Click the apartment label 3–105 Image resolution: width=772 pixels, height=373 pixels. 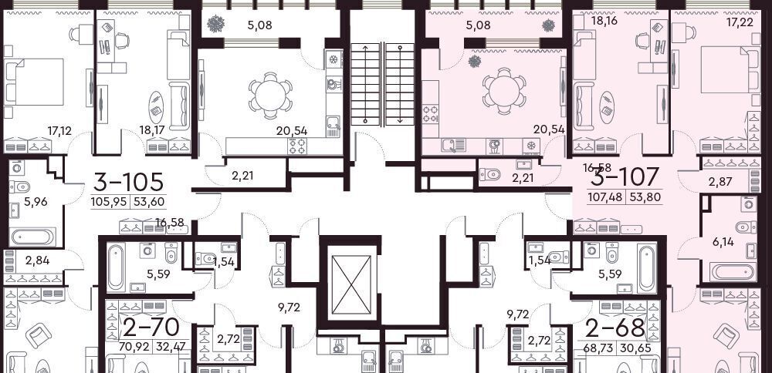[128, 182]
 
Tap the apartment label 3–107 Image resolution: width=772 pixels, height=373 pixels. [624, 177]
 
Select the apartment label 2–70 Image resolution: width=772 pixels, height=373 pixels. [151, 327]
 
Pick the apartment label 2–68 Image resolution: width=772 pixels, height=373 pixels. [615, 328]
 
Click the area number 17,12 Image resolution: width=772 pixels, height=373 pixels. [59, 131]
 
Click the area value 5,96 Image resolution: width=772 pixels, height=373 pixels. [37, 202]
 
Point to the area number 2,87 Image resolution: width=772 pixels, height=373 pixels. [720, 182]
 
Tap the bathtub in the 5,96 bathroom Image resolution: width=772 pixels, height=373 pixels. [32, 237]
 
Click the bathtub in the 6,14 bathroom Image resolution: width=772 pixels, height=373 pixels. [732, 272]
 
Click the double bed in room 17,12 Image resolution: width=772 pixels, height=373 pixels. [35, 82]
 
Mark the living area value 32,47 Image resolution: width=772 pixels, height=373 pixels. [171, 348]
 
